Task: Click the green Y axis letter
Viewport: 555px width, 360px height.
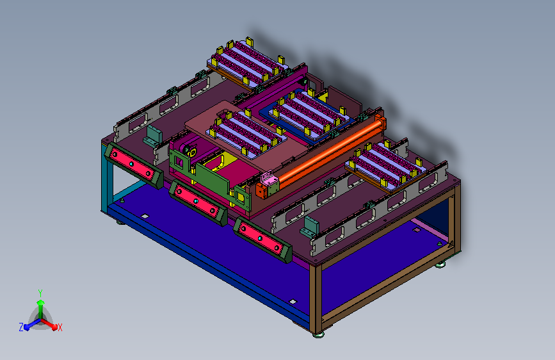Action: (40, 293)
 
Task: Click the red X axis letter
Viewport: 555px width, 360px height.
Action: (60, 327)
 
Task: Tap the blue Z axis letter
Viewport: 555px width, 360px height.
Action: (21, 327)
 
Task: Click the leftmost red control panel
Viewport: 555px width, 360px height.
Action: (133, 165)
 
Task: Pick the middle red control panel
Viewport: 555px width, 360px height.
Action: (198, 202)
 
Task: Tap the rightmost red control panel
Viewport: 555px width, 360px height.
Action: (262, 240)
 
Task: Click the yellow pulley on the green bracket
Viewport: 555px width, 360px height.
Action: (192, 152)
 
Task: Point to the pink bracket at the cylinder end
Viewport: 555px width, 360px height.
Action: (268, 183)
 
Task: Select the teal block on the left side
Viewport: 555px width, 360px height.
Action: (153, 135)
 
